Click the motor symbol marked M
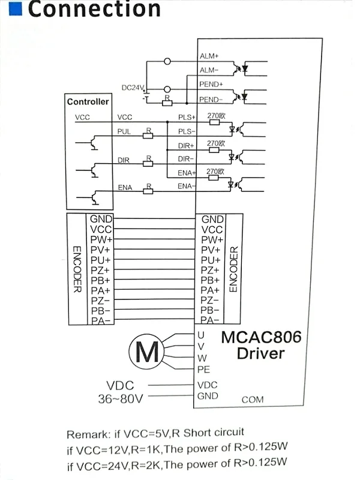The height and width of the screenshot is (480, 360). point(145,352)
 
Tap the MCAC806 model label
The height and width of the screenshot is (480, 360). point(261,337)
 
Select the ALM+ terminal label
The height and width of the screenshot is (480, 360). point(209,56)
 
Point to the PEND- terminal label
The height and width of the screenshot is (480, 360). point(211,99)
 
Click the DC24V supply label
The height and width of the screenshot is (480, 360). point(133,88)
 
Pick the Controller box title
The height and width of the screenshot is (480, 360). point(88,102)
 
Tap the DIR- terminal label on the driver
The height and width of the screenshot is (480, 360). point(186,159)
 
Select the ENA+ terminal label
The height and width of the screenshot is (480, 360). point(187,173)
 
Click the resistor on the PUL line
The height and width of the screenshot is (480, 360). point(148,136)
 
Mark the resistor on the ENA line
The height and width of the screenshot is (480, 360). point(148,191)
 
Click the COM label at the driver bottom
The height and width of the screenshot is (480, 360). point(252,400)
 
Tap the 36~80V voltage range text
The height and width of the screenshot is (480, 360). point(120,398)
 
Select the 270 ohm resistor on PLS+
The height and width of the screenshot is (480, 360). point(214,122)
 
